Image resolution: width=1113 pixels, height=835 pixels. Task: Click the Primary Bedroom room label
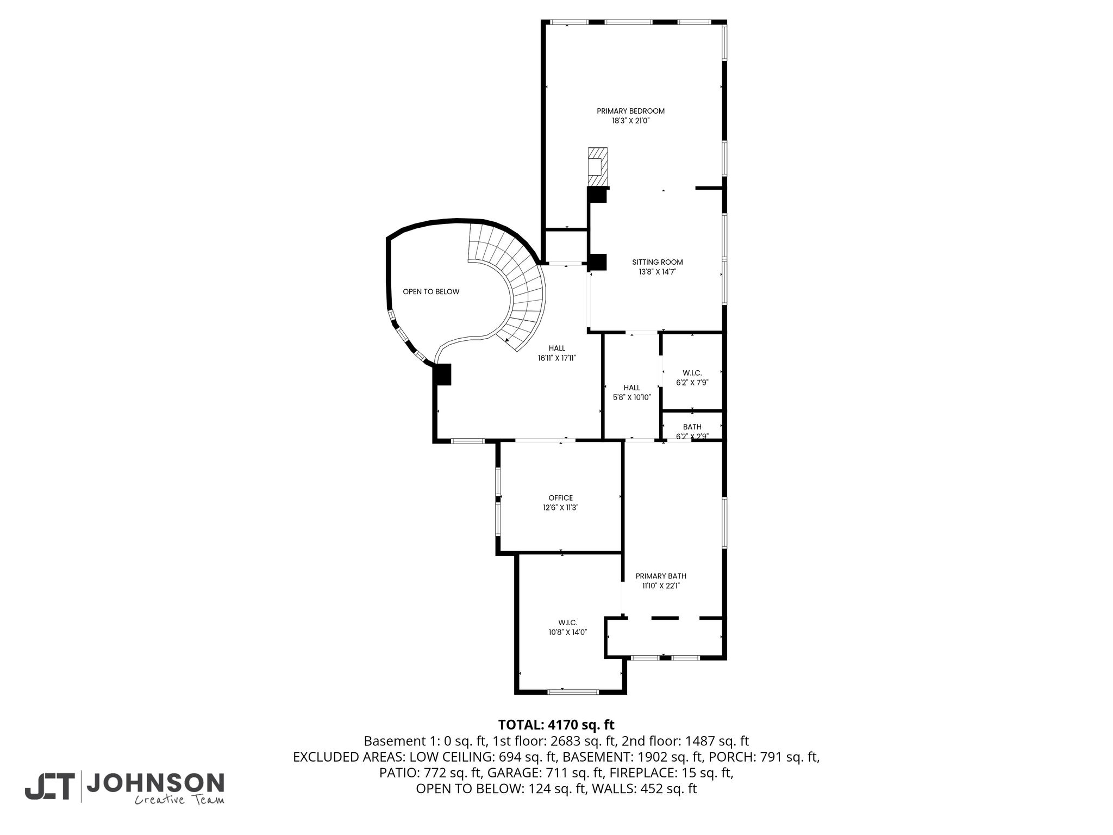pos(630,111)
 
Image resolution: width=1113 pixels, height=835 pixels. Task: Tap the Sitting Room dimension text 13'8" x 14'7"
pos(657,272)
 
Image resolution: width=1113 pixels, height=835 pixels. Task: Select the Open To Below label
pos(431,292)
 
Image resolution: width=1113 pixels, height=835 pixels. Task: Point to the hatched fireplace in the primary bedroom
pos(597,167)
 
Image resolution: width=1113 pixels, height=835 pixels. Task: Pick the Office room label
pos(560,498)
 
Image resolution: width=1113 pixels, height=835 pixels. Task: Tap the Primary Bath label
pos(661,576)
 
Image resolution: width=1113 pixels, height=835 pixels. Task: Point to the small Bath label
pos(692,427)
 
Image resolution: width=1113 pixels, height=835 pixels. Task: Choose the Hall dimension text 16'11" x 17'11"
pos(556,358)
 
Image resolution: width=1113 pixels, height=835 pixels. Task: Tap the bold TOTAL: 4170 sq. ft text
pos(556,725)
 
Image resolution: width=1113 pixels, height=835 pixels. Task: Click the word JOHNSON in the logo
pos(155,783)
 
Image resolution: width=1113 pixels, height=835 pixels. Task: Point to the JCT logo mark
pos(49,787)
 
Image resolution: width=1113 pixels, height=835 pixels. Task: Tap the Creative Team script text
pos(179,800)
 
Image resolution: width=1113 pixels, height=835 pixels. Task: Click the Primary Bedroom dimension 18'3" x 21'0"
pos(630,121)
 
